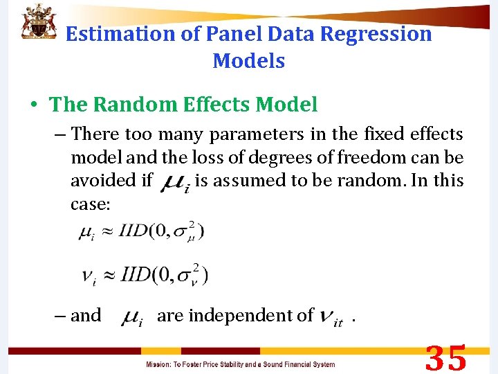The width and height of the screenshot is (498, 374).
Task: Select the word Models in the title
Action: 249,61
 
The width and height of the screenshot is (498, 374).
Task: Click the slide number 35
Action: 445,359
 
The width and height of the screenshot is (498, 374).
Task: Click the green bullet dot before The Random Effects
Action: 33,105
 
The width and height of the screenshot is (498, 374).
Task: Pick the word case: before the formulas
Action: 91,206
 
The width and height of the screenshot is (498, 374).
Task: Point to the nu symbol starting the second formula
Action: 89,276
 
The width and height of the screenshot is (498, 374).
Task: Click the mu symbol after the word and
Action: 131,318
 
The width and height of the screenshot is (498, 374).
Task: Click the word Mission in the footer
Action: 160,364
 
